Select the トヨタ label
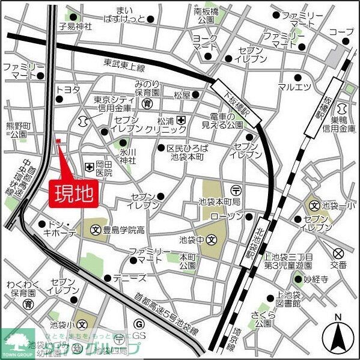(67, 90)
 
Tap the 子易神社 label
(75, 26)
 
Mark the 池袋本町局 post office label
(219, 200)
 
